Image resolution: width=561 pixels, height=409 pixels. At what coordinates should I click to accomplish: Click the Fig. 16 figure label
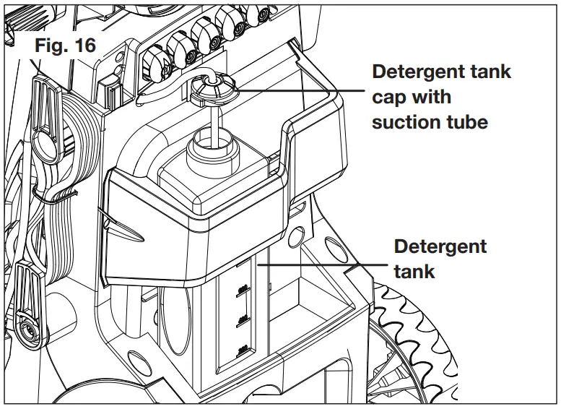click(65, 45)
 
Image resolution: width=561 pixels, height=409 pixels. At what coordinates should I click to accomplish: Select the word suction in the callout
click(404, 121)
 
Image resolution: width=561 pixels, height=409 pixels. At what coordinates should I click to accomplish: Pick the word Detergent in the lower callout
click(440, 246)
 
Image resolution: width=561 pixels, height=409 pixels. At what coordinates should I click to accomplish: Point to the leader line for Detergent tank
click(325, 264)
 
